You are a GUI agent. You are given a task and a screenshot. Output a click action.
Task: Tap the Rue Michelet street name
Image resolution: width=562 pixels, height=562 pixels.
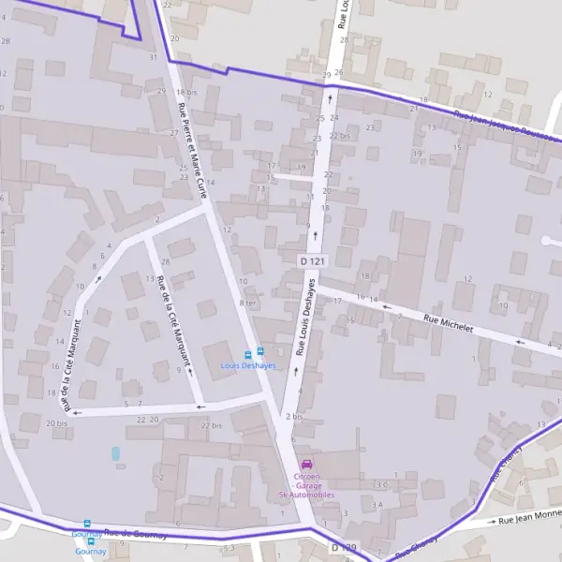coord(449,325)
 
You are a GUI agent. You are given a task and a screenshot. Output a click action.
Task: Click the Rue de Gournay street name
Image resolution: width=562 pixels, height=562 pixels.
coord(135,534)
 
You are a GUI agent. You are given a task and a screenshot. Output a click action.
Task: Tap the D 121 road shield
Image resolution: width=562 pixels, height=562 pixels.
coord(312,260)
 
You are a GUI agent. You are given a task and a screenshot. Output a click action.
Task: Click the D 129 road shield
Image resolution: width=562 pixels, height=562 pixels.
coord(345,545)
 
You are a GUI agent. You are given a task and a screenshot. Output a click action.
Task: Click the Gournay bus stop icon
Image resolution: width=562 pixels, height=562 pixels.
coord(87,525)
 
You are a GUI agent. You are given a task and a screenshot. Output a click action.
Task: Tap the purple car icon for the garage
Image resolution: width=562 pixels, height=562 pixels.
coord(305,465)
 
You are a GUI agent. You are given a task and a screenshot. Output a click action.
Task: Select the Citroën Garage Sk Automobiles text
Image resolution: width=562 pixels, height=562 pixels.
coord(305,485)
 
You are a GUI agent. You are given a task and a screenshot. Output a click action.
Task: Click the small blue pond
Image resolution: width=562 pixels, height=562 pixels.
coord(116,453)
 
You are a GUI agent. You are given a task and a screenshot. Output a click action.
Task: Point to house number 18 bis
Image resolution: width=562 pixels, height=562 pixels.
coord(186,93)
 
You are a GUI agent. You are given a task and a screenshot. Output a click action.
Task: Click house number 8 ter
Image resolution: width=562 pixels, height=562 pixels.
coord(247,303)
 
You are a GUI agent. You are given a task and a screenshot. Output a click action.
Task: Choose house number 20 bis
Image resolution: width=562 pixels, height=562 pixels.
coord(56,424)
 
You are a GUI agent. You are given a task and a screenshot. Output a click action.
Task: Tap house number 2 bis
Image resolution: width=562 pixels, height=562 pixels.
coord(293,416)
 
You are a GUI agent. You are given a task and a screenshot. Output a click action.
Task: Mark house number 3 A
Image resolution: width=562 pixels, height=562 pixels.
coord(377,505)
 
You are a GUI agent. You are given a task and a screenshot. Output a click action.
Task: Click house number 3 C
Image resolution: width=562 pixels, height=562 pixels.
coord(379,484)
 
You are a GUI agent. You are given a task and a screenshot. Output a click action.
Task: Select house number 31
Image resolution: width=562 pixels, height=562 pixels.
coord(153,57)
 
